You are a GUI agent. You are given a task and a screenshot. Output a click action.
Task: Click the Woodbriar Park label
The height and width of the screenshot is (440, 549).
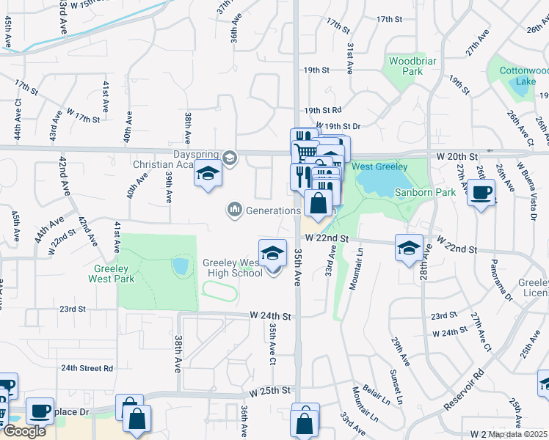[405, 66]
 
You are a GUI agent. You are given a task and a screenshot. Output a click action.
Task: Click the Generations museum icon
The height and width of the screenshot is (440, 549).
[235, 210]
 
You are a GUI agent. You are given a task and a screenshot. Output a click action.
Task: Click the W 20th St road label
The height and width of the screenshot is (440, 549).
[457, 157]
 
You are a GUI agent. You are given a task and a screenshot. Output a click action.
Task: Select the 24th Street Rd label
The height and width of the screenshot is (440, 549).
[87, 368]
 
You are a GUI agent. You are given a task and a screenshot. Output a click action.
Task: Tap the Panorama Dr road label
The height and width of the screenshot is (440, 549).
[506, 280]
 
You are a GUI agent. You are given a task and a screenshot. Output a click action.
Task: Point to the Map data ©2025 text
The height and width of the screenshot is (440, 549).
[517, 434]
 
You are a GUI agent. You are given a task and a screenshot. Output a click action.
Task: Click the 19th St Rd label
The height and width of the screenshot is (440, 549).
[321, 110]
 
